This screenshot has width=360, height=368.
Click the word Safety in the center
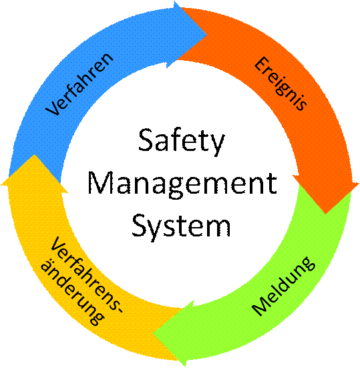[x=182, y=142]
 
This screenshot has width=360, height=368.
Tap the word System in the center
[x=181, y=226]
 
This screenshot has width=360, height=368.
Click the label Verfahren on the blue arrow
[x=79, y=84]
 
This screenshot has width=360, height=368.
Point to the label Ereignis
[x=281, y=83]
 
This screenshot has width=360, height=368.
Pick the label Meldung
[x=283, y=287]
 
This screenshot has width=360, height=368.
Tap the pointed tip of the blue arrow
[x=206, y=35]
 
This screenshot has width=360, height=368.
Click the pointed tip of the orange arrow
[x=325, y=213]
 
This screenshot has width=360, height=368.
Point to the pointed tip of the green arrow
[x=153, y=333]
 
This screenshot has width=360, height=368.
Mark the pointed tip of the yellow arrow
[x=34, y=155]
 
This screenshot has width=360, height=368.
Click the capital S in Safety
[x=147, y=140]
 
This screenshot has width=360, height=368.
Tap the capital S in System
[x=140, y=224]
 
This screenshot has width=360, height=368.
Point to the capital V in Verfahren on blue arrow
[x=53, y=108]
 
